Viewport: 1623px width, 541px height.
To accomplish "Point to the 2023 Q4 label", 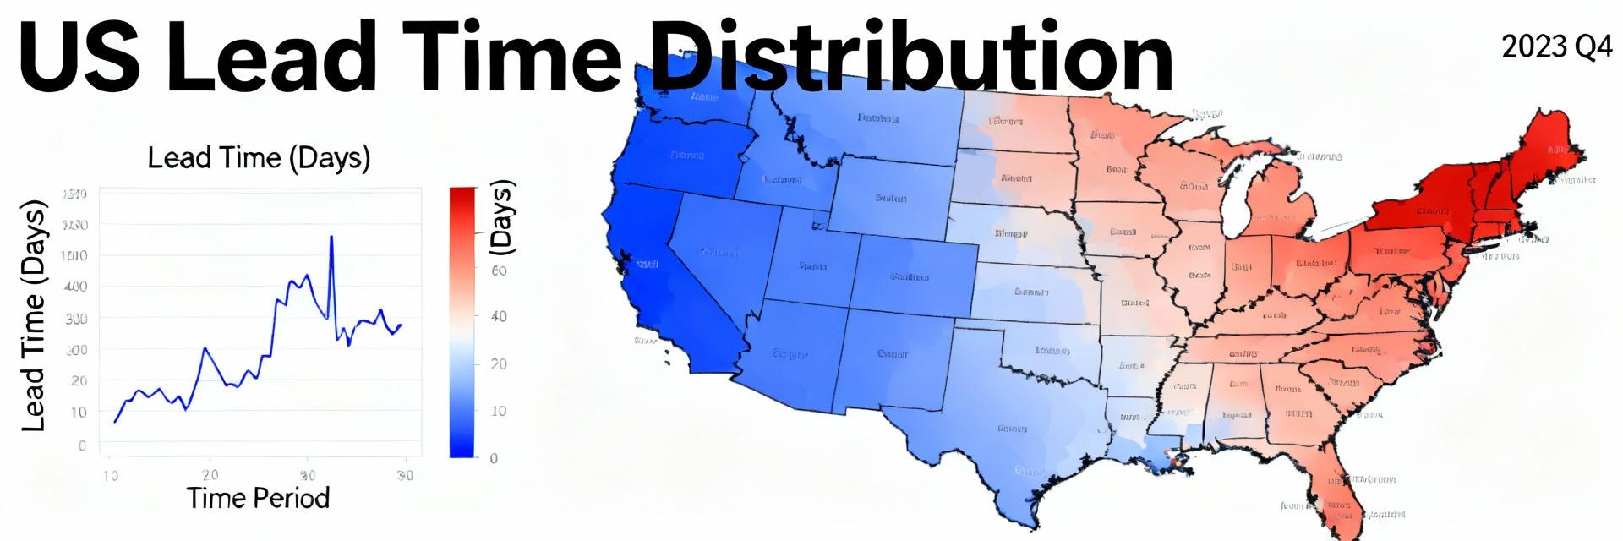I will pos(1556,48).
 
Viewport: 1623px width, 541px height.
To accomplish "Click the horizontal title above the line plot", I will pos(259,158).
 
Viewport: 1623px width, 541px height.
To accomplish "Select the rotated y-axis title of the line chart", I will pos(33,315).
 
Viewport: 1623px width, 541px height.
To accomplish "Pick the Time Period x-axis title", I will pos(258,498).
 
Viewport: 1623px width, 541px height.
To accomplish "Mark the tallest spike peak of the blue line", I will pos(331,237).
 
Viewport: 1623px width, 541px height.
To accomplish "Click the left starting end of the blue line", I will pos(115,421).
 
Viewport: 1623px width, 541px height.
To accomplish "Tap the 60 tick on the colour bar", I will pos(499,270).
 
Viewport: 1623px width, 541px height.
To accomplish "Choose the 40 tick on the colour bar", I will pos(499,317).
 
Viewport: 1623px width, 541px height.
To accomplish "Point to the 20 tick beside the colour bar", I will pos(499,364).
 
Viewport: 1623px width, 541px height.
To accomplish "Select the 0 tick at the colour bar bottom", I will pos(494,458).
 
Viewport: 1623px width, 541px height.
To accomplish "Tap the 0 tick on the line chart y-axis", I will pos(82,445).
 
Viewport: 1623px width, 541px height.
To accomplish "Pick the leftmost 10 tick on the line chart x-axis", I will pos(111,476).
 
